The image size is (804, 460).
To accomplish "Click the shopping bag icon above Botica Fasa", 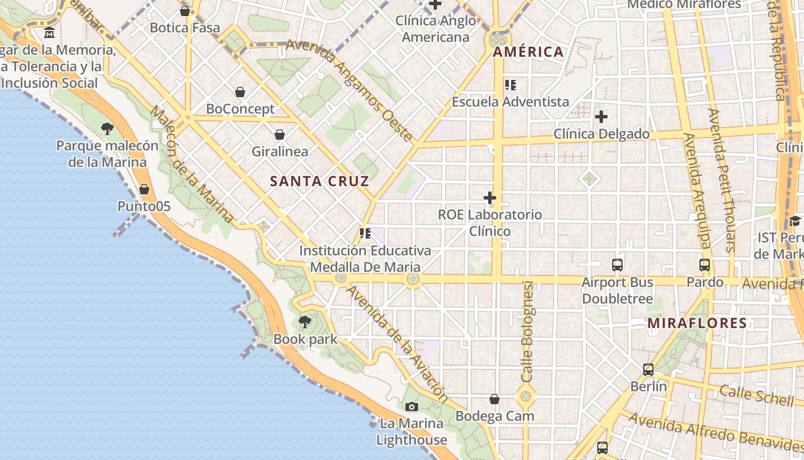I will (x=185, y=11).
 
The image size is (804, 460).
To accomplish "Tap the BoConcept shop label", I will (x=240, y=109).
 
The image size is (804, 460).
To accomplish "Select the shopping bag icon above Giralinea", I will (x=280, y=135).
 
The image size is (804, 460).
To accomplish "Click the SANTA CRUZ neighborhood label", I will (x=319, y=181).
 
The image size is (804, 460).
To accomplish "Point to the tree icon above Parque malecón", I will (x=107, y=129).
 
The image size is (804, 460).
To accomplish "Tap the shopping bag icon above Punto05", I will (x=144, y=189).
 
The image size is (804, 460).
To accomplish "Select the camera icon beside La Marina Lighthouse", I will (x=411, y=407).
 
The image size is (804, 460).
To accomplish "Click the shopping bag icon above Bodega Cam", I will (x=494, y=399).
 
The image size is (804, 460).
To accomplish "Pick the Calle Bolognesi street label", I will (x=527, y=332).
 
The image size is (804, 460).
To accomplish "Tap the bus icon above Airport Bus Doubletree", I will (x=617, y=265).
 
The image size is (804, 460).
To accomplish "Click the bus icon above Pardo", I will (x=705, y=265).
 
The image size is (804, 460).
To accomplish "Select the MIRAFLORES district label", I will (x=697, y=323).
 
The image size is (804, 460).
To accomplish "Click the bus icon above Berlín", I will (x=648, y=370).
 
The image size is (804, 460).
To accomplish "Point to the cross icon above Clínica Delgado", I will (x=601, y=117).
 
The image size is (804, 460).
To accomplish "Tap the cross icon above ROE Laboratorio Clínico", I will (x=490, y=198).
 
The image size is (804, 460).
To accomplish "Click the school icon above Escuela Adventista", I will (x=510, y=86).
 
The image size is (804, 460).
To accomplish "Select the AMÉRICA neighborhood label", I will (x=528, y=52).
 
